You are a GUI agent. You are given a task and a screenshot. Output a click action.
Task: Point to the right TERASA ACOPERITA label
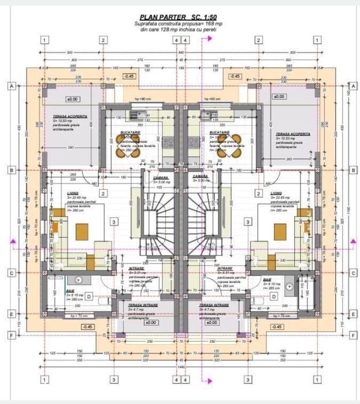(x=293, y=134)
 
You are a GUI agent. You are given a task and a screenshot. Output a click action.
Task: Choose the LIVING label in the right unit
(x=276, y=194)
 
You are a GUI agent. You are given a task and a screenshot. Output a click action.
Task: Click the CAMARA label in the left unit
(x=159, y=176)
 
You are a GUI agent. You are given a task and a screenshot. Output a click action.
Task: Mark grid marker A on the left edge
(x=11, y=86)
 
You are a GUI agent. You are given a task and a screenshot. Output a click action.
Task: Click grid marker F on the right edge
(x=352, y=335)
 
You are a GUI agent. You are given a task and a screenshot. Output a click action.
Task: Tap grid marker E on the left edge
(x=11, y=314)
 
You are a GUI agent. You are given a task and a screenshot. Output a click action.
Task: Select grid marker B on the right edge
(x=352, y=170)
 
